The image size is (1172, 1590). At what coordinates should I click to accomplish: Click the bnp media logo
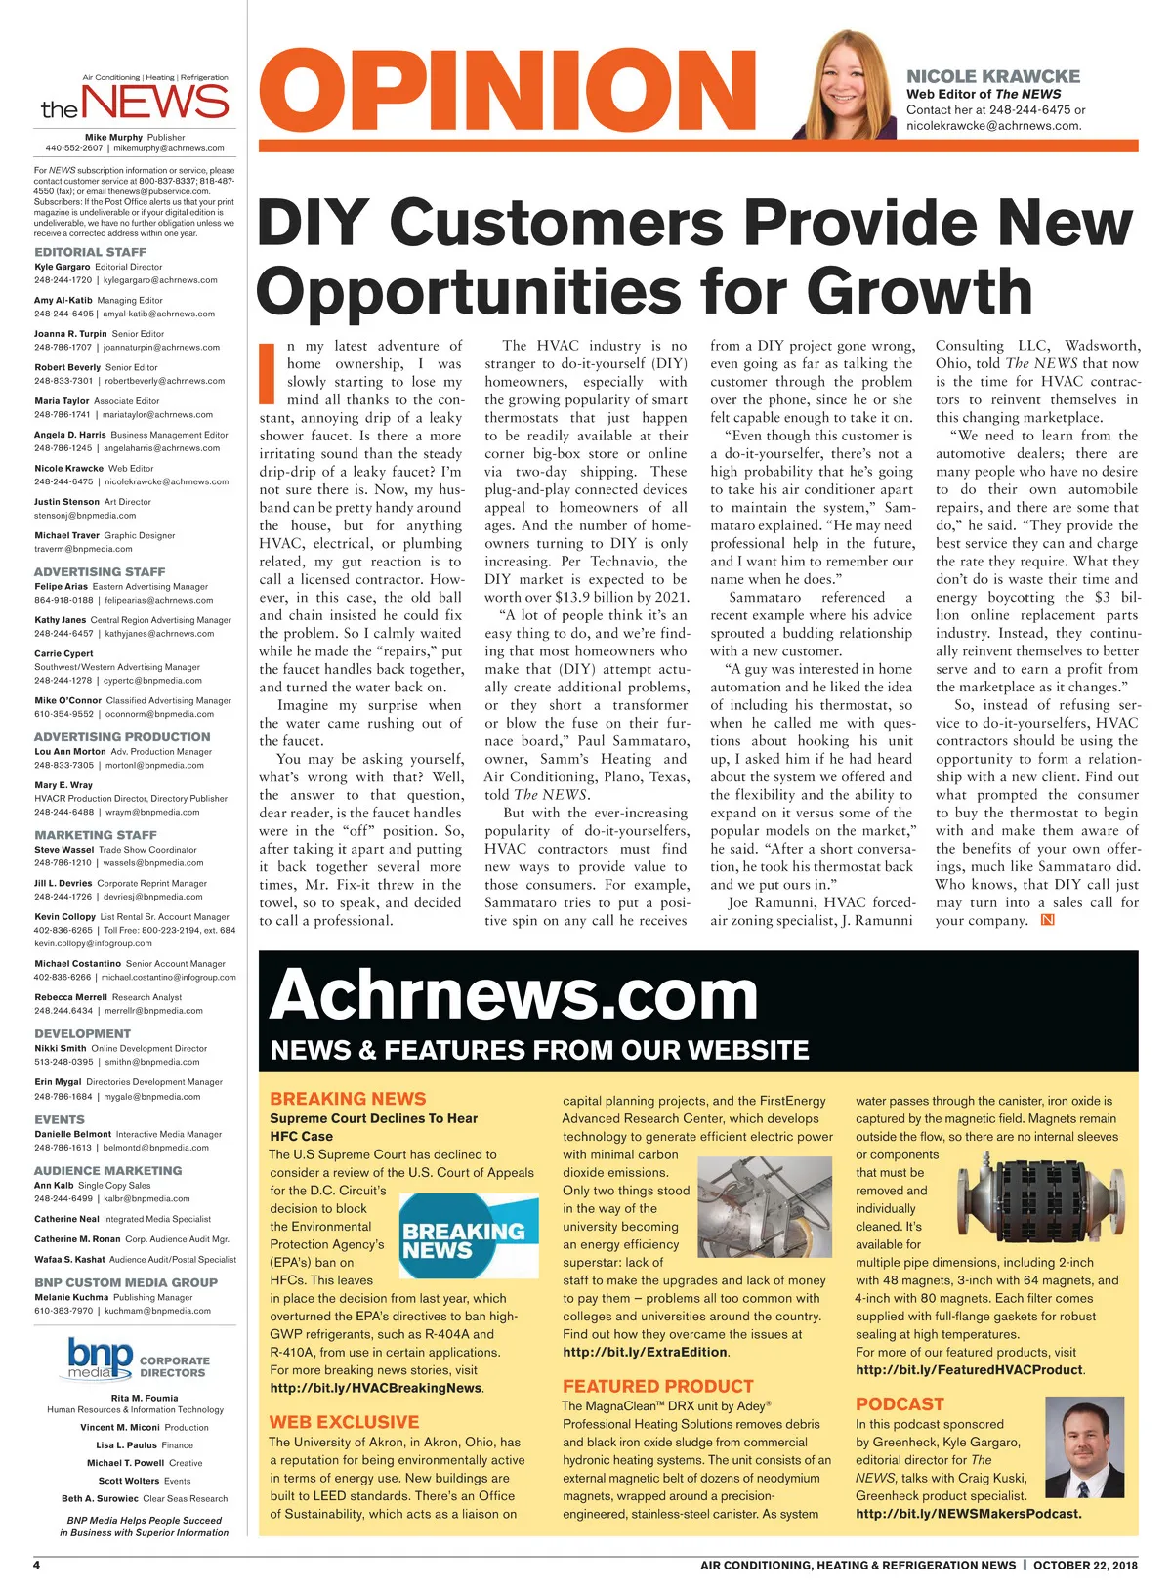tap(100, 1358)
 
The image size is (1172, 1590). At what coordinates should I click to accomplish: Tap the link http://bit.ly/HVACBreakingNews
tap(376, 1388)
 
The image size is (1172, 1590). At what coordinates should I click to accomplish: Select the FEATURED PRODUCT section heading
tap(657, 1386)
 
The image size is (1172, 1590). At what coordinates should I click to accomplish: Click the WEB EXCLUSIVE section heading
tap(344, 1422)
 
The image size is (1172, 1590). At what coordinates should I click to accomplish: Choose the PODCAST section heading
tap(900, 1403)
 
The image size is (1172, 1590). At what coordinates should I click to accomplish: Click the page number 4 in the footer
tap(37, 1565)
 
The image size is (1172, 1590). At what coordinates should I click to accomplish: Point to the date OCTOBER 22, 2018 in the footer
tap(1085, 1565)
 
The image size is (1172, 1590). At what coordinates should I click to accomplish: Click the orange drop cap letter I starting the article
tap(267, 373)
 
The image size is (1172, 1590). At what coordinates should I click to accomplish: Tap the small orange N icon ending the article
tap(1048, 920)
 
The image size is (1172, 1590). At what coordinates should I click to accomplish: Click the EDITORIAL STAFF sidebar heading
tap(90, 252)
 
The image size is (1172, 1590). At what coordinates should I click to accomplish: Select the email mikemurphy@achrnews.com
tap(169, 148)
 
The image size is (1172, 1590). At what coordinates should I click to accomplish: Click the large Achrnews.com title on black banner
tap(514, 995)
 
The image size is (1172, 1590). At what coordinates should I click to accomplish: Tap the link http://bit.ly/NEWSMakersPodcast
tap(968, 1514)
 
